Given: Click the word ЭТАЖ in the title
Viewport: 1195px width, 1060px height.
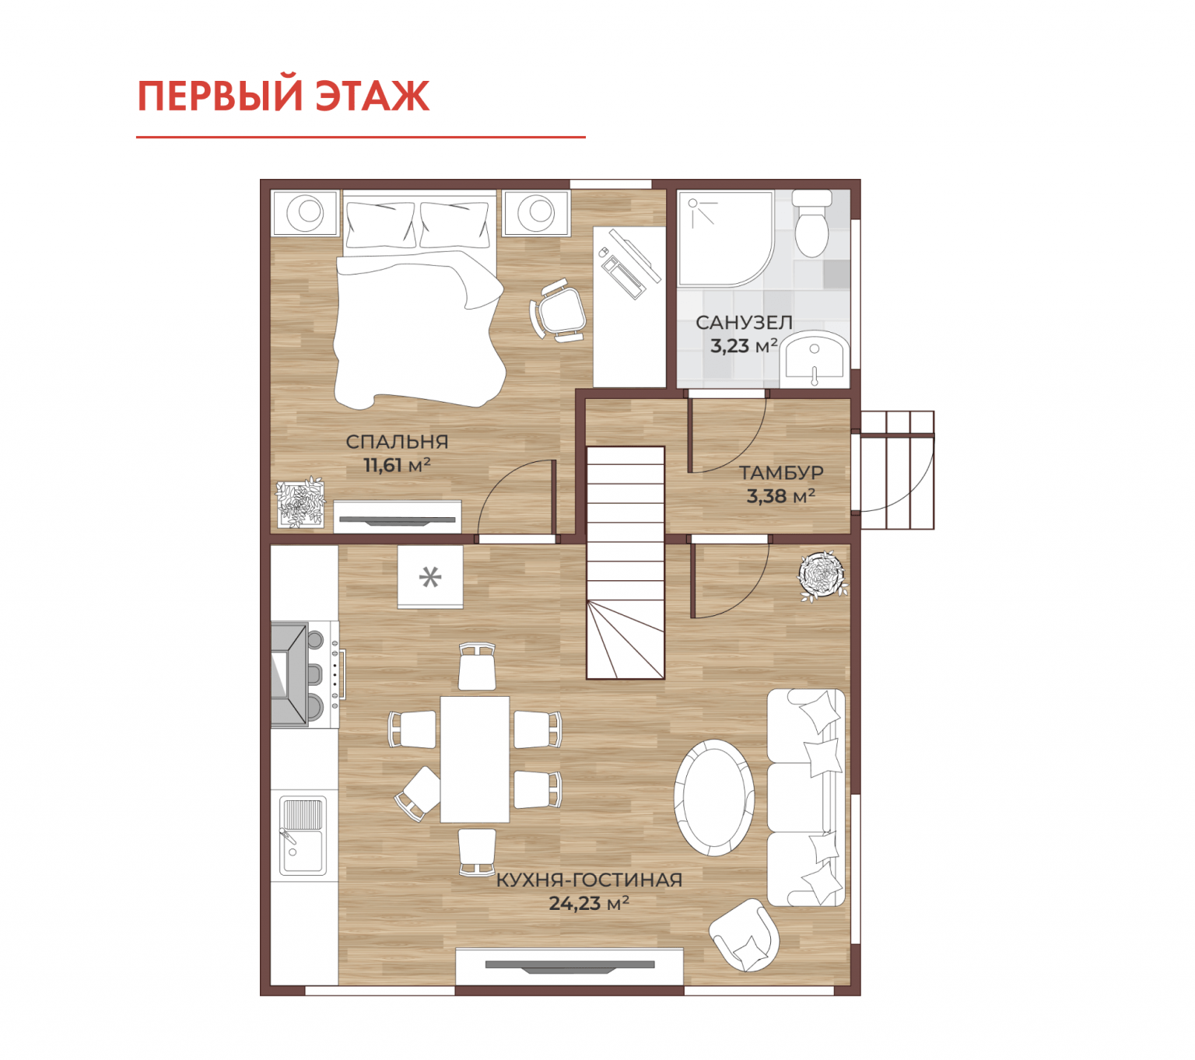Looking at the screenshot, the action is click(372, 96).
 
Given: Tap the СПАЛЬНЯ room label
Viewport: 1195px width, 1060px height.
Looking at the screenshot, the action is click(396, 442).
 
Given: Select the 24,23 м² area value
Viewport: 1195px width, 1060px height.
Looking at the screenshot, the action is click(589, 903).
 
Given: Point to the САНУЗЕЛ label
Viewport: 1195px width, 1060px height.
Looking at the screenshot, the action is click(743, 323).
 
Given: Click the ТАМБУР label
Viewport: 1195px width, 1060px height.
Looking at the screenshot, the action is click(781, 472).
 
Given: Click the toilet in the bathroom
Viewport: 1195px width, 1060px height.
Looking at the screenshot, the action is click(811, 222).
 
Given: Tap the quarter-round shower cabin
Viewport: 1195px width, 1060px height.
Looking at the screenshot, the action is click(725, 238).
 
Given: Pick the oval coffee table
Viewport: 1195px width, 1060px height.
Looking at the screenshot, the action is click(713, 798).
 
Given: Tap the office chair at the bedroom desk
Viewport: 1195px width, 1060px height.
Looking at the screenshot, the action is click(557, 311).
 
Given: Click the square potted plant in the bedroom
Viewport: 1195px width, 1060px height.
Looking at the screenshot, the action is click(301, 502).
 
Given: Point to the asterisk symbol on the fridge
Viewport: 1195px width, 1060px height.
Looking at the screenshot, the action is click(430, 576).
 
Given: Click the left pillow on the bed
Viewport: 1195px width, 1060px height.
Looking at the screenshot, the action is click(379, 224).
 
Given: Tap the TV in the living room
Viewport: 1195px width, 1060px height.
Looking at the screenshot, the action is click(569, 966).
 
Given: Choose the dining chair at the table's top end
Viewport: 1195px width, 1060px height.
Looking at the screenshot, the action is click(477, 666).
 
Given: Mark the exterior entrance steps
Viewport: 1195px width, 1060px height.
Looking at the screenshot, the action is click(896, 470).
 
